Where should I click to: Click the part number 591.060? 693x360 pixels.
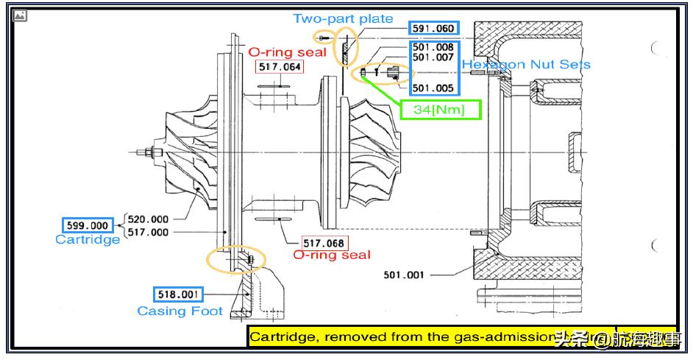[434, 29]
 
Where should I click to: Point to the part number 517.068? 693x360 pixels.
[324, 242]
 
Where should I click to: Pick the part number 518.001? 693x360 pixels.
[177, 294]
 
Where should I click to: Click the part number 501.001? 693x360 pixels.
[405, 275]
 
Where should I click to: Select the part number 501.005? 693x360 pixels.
[433, 88]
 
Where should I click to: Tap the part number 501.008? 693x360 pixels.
[433, 48]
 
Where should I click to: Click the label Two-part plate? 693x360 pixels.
[343, 18]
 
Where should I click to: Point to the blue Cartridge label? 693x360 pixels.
[88, 240]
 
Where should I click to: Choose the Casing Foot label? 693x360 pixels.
[180, 311]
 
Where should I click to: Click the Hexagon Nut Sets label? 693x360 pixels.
[526, 64]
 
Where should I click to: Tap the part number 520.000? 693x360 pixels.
[148, 219]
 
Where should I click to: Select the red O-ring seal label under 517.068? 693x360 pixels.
[332, 255]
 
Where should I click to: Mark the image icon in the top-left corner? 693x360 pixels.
[21, 15]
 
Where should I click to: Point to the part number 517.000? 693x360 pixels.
[148, 232]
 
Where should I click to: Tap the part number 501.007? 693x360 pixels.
[433, 57]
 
